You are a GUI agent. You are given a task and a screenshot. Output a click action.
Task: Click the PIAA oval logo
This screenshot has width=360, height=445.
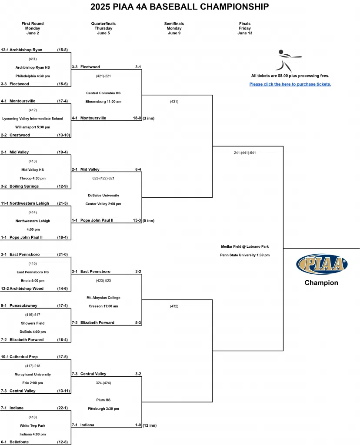pos(322,264)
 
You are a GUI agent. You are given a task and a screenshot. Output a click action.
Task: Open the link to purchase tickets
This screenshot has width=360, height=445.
pos(290,84)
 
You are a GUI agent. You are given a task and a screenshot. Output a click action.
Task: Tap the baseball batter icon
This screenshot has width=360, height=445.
pos(287,60)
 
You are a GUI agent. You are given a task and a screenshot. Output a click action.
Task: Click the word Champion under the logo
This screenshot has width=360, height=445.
pos(321,283)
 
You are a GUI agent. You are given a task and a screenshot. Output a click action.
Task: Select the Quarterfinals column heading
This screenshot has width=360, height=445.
pos(103,24)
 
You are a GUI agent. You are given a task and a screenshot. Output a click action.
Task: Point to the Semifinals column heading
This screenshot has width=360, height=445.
pos(174,24)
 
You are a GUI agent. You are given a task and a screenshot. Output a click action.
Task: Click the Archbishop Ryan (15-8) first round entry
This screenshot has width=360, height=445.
pos(26,50)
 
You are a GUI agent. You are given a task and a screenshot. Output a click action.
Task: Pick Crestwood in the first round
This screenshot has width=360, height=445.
pos(20,135)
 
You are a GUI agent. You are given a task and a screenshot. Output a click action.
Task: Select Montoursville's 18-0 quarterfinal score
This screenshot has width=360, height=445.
pos(137,118)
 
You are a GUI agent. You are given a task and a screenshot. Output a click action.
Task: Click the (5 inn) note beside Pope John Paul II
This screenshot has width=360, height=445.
pos(149,221)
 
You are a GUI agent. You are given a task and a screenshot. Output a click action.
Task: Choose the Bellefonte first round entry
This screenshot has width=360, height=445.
pos(20,442)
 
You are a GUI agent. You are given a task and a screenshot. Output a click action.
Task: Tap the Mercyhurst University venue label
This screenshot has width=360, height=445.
pos(33,375)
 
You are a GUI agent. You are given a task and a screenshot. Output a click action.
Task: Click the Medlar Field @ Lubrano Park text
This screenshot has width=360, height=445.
pos(245,247)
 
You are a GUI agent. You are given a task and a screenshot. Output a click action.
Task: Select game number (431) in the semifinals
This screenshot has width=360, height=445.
pos(174,102)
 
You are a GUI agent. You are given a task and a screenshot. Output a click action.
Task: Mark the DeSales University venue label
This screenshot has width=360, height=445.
pos(103,196)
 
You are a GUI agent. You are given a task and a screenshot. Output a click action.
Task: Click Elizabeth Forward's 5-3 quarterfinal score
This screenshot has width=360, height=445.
pos(137,323)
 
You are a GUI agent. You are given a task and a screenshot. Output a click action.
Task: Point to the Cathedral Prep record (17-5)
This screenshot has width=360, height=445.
pos(62,357)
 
